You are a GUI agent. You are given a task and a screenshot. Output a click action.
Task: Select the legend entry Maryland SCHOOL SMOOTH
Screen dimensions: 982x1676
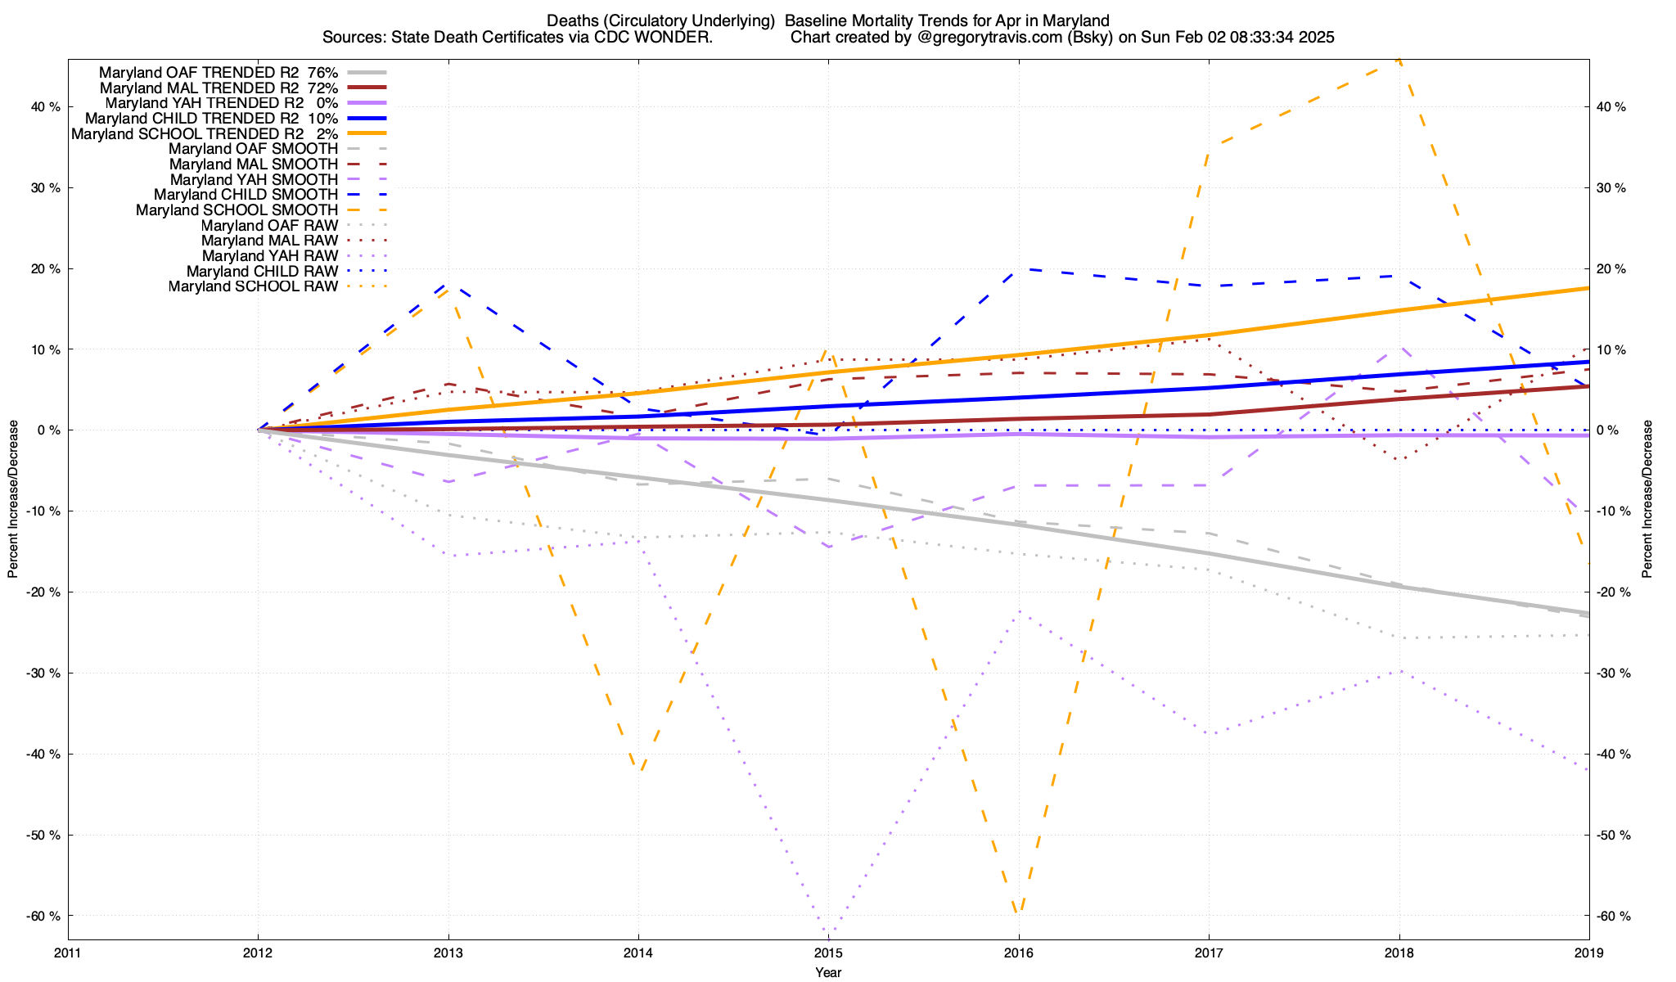[x=237, y=210]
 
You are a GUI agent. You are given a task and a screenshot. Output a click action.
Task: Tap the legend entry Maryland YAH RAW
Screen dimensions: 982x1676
[x=269, y=256]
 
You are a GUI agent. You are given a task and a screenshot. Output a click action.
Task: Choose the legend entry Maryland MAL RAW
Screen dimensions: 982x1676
[x=269, y=241]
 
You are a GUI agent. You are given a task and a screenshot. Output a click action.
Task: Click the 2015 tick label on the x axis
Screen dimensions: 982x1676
[x=828, y=953]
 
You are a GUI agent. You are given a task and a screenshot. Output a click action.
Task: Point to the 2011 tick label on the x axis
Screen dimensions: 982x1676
[x=68, y=953]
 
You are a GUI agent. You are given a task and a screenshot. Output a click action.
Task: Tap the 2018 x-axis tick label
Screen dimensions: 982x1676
[x=1399, y=953]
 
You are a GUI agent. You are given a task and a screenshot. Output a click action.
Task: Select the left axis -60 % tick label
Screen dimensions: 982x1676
[x=43, y=916]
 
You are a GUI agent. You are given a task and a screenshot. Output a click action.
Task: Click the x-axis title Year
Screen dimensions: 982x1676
[x=828, y=972]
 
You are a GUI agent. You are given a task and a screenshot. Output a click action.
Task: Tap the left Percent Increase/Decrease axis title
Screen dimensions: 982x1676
[x=12, y=499]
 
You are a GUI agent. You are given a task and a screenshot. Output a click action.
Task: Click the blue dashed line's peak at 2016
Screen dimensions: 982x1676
[x=1018, y=268]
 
